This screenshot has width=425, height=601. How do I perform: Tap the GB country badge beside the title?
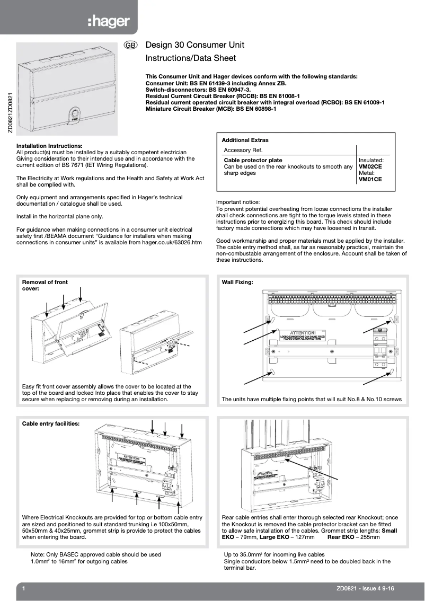point(131,46)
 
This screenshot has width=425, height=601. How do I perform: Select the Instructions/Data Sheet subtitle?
point(191,58)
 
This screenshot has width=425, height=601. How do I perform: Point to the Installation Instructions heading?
point(49,146)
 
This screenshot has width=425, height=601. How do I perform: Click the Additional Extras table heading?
point(245,140)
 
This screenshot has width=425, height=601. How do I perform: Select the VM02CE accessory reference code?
point(370,166)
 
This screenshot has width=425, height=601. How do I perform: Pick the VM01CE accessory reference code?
point(370,180)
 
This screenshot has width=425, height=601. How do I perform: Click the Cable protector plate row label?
point(253,160)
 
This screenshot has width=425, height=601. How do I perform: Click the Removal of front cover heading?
point(45,286)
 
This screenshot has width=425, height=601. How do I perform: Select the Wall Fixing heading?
point(237,282)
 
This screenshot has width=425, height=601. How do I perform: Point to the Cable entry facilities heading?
point(51,424)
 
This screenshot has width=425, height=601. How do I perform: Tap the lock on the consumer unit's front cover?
point(74,113)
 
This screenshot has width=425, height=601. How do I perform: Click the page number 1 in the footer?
point(24,588)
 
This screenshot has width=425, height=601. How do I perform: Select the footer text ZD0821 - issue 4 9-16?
point(365,588)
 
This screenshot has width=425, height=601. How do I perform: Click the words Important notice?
point(238,202)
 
